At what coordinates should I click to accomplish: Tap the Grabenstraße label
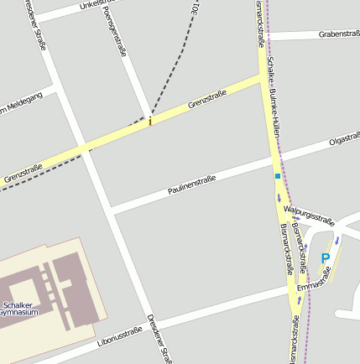pos(339,34)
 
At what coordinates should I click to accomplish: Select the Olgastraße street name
pos(344,137)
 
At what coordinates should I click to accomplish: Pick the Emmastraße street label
pos(315,279)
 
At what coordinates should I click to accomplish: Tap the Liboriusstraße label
pos(119,335)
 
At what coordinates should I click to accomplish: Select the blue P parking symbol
pos(326,259)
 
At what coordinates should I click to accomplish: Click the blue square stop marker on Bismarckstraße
pos(277,176)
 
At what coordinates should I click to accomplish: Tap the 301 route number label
pos(196,9)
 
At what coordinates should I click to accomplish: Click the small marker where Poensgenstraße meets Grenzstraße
pos(150,122)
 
